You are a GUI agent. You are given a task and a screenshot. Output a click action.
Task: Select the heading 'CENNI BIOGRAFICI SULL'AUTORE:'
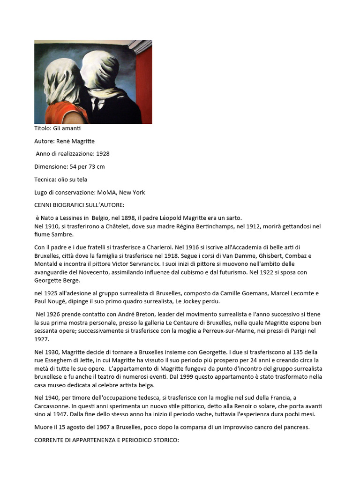tap(80, 205)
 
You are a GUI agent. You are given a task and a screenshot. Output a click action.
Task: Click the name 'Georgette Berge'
tap(57, 281)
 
